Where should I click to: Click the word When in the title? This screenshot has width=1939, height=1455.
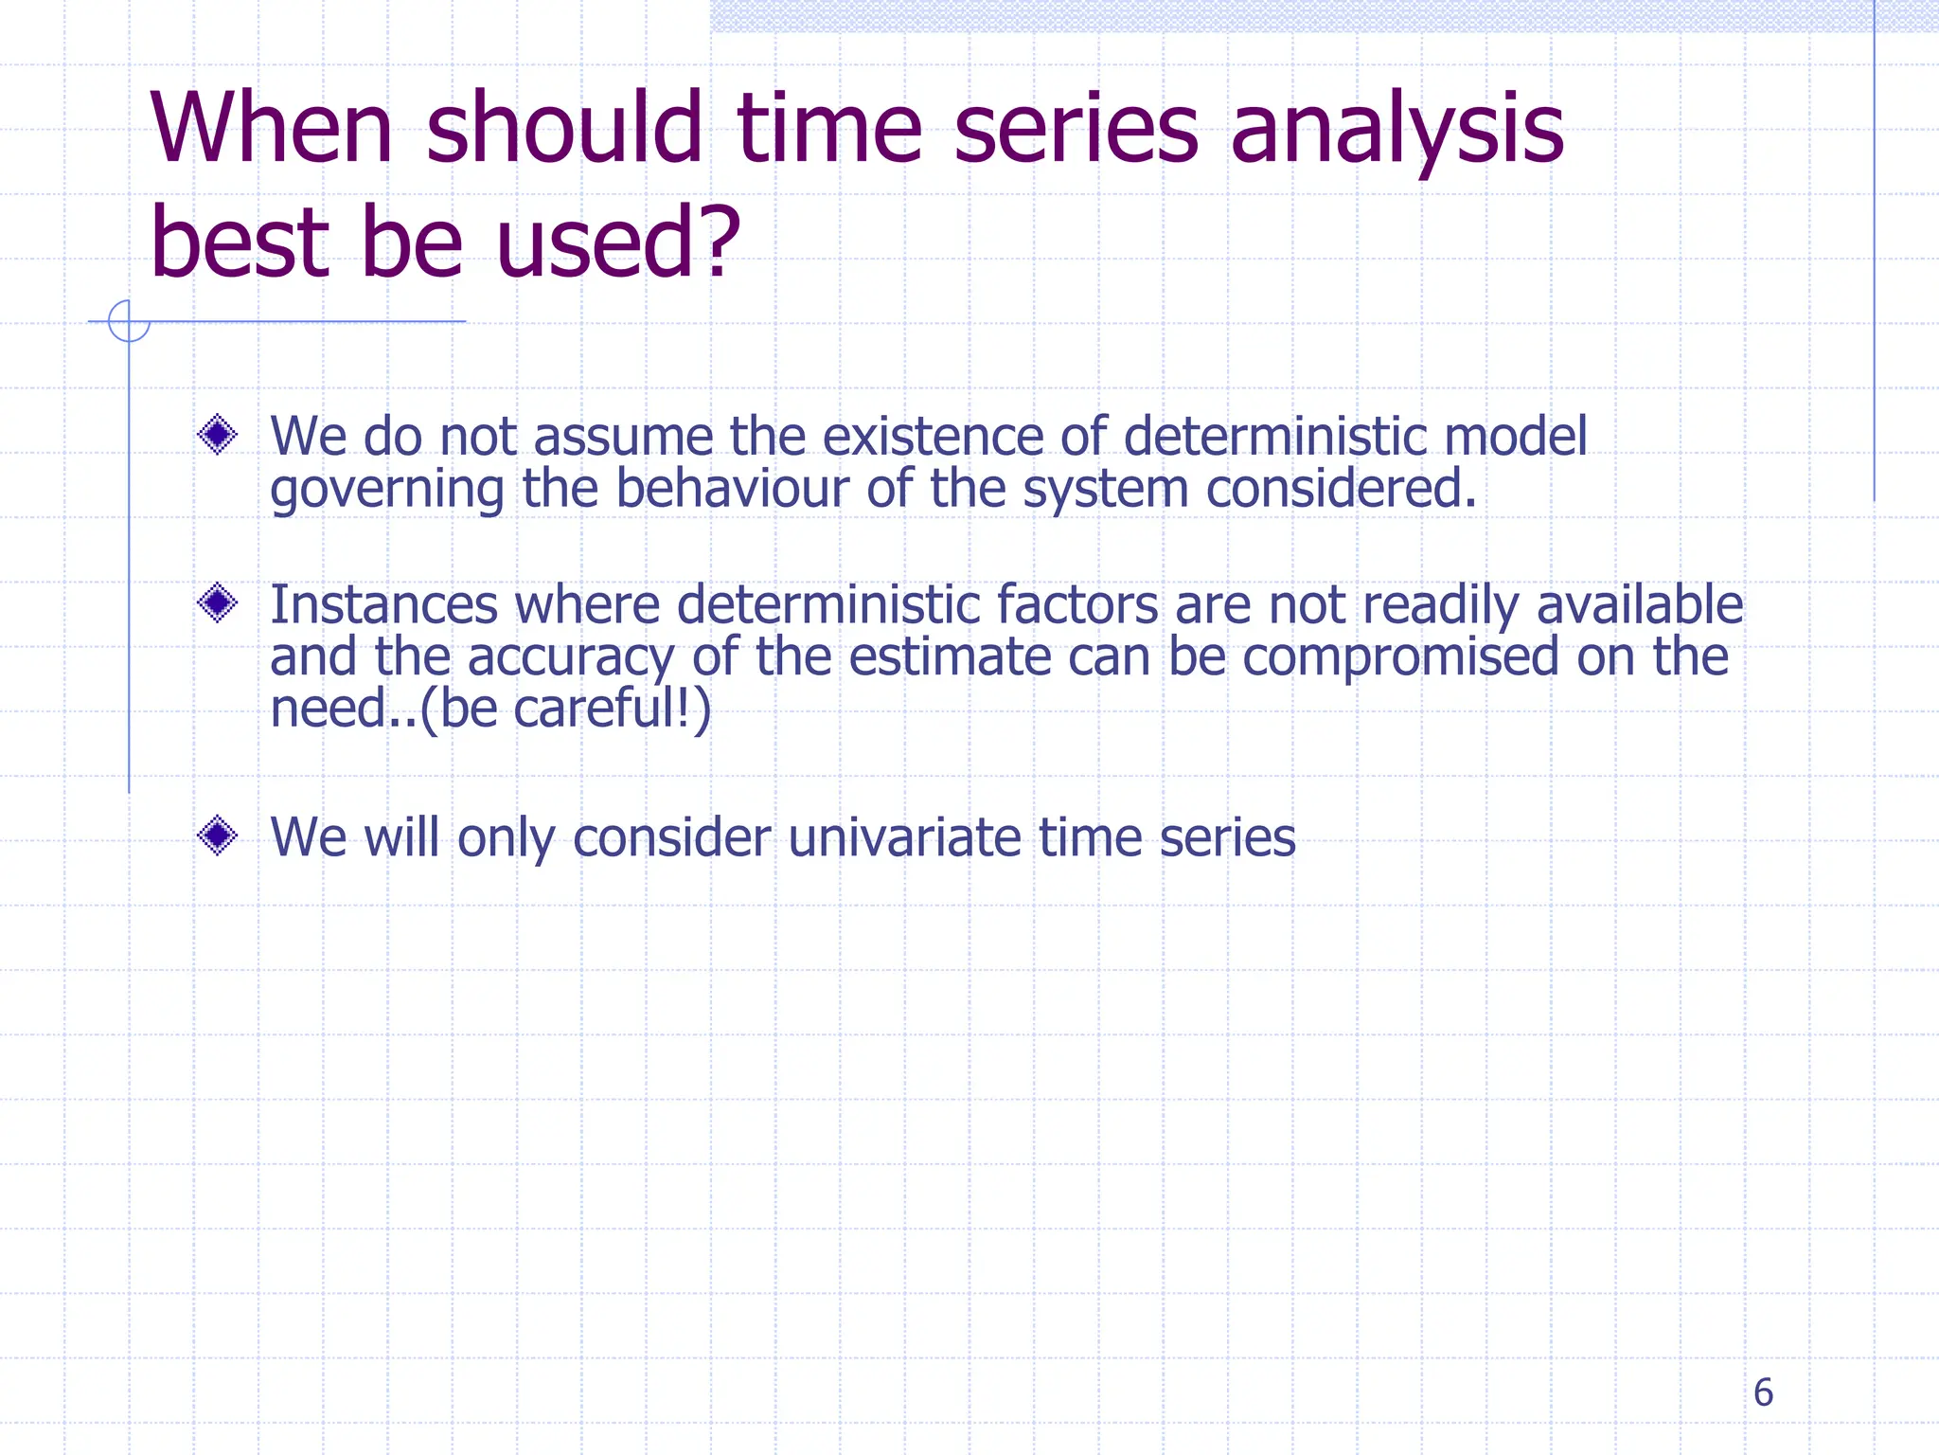coord(271,129)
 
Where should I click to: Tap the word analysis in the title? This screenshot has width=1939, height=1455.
coord(1396,131)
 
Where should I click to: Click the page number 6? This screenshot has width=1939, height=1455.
coord(1762,1392)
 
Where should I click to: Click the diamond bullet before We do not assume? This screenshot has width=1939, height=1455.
coord(218,435)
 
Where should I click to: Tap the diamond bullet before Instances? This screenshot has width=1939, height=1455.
coord(218,602)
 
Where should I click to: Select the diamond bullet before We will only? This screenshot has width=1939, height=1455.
coord(218,835)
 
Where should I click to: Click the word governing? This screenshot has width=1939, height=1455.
coord(386,491)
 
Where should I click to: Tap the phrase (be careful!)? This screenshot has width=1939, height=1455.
coord(564,709)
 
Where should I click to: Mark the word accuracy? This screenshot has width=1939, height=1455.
coord(571,657)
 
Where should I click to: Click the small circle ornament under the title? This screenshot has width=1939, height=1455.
coord(129,321)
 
